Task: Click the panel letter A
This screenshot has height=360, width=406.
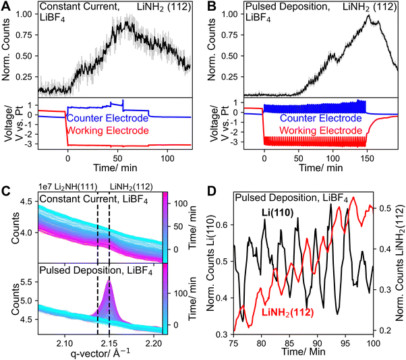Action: [7, 7]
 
